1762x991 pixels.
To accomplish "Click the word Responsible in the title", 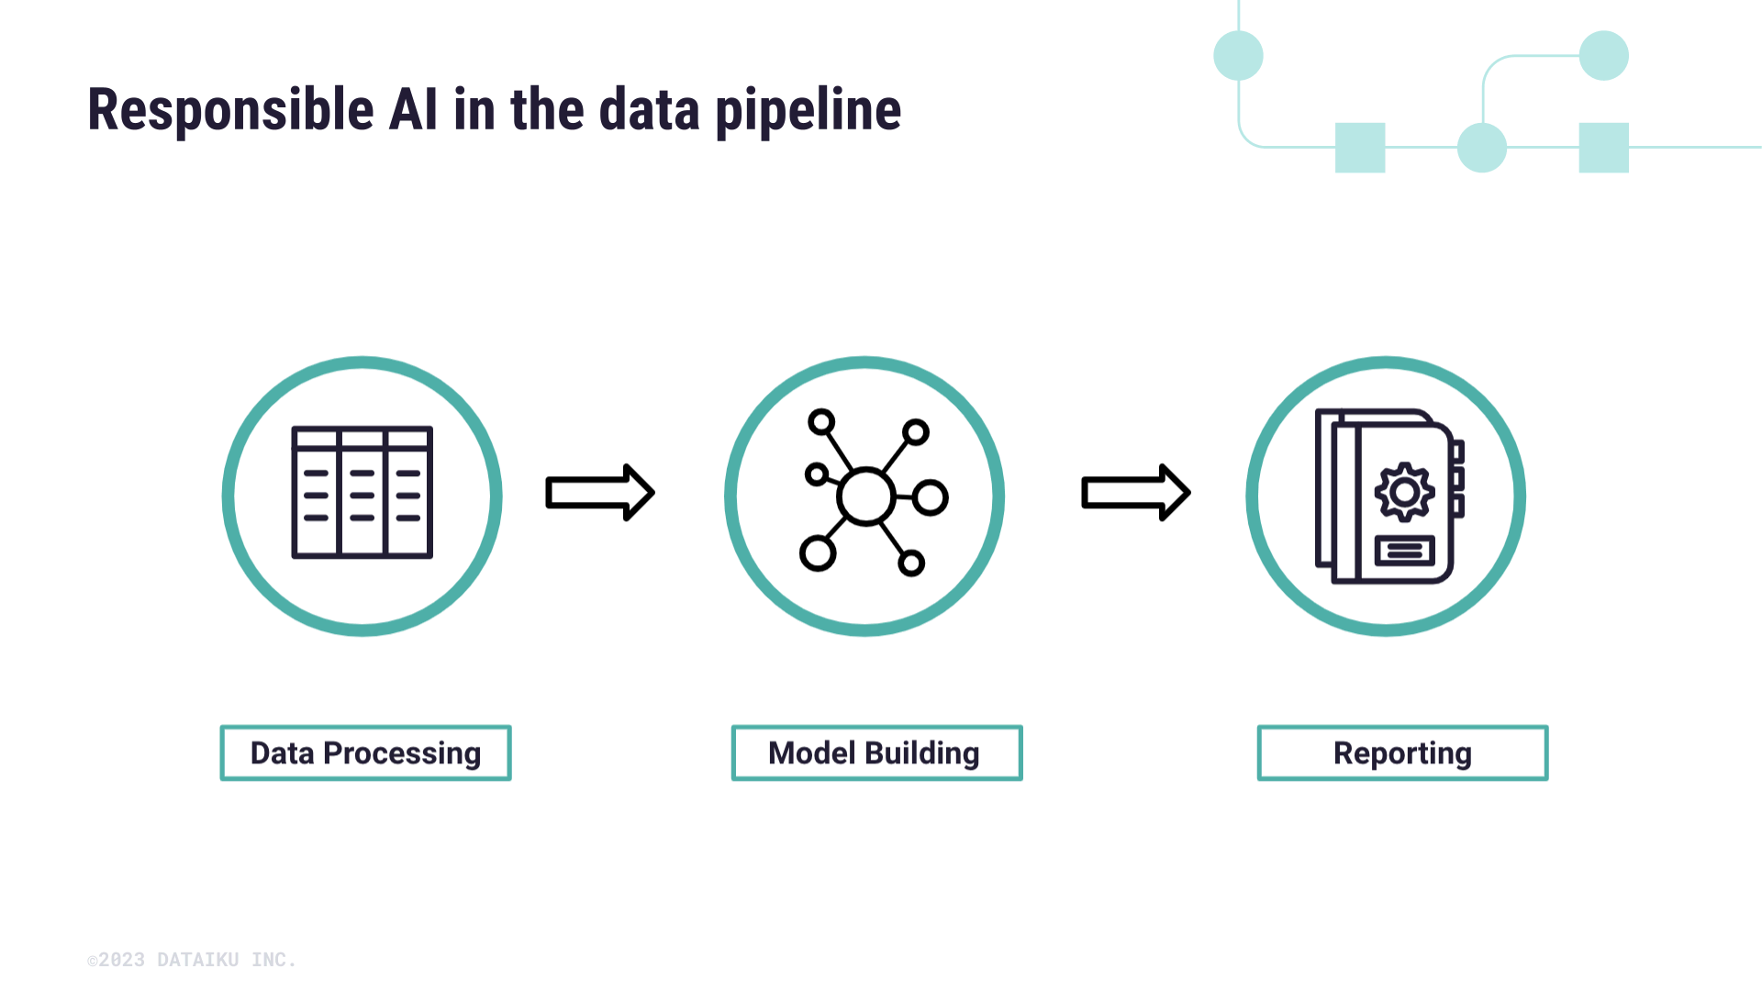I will point(230,110).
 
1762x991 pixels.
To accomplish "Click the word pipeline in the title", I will point(808,110).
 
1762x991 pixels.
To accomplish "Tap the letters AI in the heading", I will point(413,110).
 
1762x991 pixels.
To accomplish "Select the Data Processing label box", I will point(365,753).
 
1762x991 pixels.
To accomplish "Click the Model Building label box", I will point(876,753).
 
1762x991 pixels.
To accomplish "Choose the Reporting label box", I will point(1402,753).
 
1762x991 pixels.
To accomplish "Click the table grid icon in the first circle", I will point(362,492).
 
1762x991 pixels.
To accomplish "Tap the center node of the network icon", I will point(865,496).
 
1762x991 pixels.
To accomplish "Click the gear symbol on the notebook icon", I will point(1404,493).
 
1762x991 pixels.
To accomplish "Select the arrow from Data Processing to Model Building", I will point(599,493).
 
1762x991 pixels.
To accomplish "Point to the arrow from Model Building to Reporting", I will point(1135,493).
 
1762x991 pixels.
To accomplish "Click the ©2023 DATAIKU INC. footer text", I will point(192,960).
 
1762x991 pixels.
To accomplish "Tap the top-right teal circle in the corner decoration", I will point(1603,55).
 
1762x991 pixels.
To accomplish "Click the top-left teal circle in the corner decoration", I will point(1238,55).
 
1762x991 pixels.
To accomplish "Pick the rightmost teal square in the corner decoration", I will point(1603,147).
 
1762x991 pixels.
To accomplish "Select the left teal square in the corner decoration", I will point(1359,147).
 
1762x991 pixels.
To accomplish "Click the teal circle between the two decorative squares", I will point(1481,147).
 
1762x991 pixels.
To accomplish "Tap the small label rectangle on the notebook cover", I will point(1404,551).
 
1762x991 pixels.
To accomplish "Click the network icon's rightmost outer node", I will point(930,497).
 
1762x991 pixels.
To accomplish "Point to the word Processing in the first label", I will point(402,753).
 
